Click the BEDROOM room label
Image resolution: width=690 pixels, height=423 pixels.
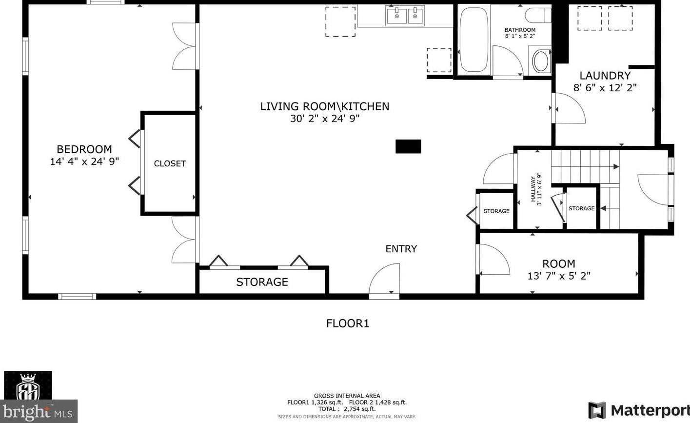pyautogui.click(x=84, y=149)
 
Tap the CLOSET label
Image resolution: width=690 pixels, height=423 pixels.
pyautogui.click(x=170, y=163)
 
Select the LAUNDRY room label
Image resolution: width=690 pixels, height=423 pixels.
pyautogui.click(x=605, y=76)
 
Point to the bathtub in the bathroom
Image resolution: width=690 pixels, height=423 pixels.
pyautogui.click(x=473, y=40)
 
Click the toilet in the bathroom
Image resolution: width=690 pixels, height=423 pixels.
pyautogui.click(x=538, y=15)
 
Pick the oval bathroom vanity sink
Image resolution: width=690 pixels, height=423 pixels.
pyautogui.click(x=541, y=61)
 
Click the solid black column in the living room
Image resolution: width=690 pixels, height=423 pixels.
pyautogui.click(x=408, y=146)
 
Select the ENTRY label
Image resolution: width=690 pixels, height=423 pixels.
pyautogui.click(x=401, y=249)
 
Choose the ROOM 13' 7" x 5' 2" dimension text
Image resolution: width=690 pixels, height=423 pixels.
pyautogui.click(x=559, y=276)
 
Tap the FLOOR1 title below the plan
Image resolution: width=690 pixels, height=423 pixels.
pyautogui.click(x=348, y=323)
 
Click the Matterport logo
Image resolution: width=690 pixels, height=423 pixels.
pyautogui.click(x=639, y=410)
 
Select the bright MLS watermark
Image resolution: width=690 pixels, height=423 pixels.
pyautogui.click(x=39, y=411)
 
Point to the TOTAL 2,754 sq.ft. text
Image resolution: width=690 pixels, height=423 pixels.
pyautogui.click(x=347, y=409)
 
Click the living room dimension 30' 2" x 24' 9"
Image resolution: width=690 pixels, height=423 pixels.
pyautogui.click(x=325, y=119)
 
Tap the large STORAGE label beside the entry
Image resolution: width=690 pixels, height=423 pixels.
pyautogui.click(x=262, y=282)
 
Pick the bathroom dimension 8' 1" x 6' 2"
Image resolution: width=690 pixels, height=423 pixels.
pyautogui.click(x=520, y=36)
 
